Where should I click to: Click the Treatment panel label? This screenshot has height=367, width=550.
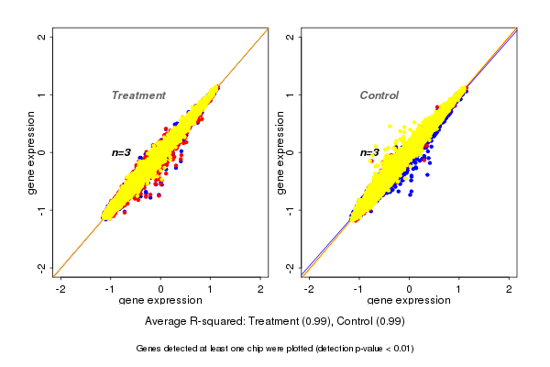[138, 95]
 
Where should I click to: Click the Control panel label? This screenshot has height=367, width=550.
[379, 95]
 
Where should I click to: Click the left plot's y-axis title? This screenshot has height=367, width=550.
[32, 152]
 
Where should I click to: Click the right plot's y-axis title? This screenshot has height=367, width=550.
[280, 152]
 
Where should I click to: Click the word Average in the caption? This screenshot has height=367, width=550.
[166, 322]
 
